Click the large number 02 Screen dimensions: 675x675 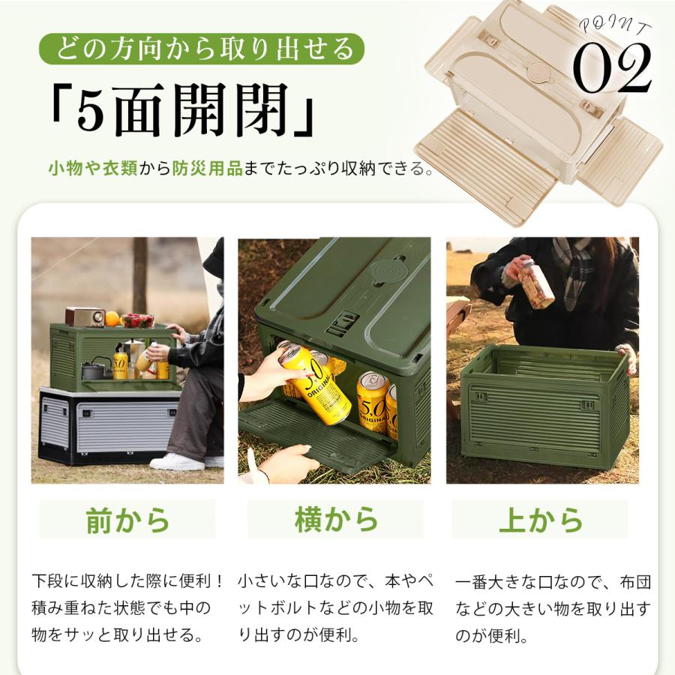tap(612, 68)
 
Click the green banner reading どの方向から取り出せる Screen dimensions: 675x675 tap(202, 49)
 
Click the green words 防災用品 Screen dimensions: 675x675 tap(208, 168)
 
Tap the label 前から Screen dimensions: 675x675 tap(127, 520)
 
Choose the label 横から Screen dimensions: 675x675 tap(336, 519)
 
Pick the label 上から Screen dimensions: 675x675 tap(541, 519)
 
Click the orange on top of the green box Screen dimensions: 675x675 tap(112, 319)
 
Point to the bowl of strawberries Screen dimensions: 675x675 tap(139, 320)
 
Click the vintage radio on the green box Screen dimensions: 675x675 tap(85, 316)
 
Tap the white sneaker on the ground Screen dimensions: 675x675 tap(177, 462)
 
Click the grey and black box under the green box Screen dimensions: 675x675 tap(109, 426)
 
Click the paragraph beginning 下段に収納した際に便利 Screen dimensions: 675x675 tap(127, 607)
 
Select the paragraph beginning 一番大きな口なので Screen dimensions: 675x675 tap(553, 609)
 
